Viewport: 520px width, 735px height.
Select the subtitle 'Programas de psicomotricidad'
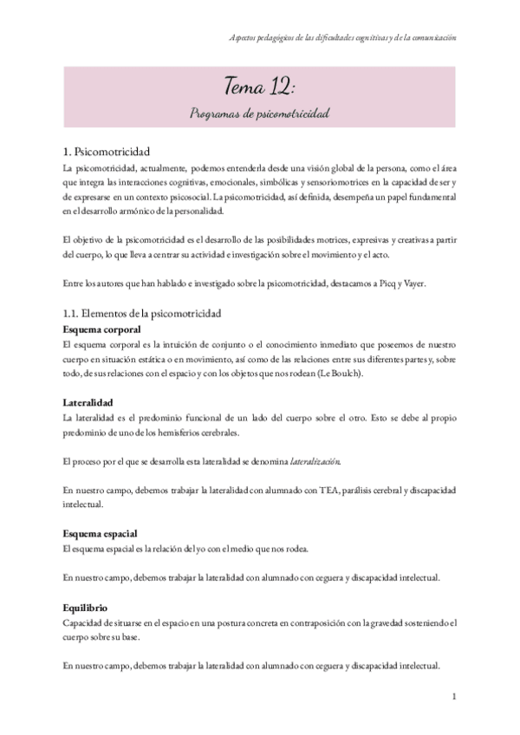click(260, 114)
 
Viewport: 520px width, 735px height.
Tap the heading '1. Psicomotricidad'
click(107, 149)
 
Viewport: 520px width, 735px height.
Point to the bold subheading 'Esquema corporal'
click(100, 329)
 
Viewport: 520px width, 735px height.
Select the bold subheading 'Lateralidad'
click(87, 402)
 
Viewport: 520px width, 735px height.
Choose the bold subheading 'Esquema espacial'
click(100, 533)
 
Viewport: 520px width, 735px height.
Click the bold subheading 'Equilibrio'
click(85, 608)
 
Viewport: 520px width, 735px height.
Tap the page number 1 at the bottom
click(454, 696)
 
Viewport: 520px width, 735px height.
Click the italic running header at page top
click(343, 38)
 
